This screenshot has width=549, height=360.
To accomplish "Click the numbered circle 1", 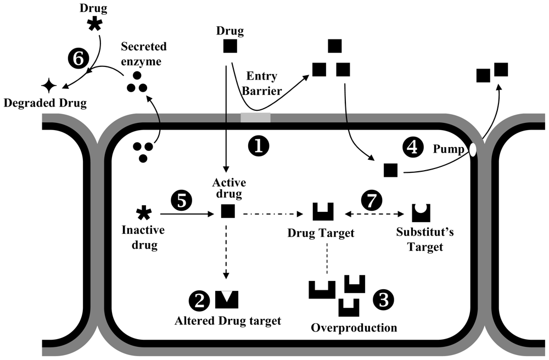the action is click(x=259, y=146).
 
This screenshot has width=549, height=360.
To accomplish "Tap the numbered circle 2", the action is click(x=199, y=300).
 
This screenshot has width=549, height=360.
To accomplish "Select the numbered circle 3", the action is click(x=383, y=300).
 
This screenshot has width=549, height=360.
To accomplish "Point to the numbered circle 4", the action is click(x=413, y=147).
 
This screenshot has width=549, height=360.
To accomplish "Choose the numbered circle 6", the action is click(x=78, y=59).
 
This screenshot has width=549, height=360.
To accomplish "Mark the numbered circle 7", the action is click(x=372, y=200).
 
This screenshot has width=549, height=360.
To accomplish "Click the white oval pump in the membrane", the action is click(x=473, y=150).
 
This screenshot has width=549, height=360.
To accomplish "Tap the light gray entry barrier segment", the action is click(x=255, y=117).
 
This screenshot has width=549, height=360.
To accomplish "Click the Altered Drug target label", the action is click(x=228, y=321).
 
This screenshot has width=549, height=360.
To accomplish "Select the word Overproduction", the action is click(x=354, y=328).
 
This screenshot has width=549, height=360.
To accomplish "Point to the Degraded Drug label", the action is click(x=45, y=103).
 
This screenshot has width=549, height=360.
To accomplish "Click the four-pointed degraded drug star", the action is click(x=48, y=86).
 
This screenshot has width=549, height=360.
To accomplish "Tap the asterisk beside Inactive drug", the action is click(x=144, y=213).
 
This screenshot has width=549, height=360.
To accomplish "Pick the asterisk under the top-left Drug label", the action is click(x=94, y=24).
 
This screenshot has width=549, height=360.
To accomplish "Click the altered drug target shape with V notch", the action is click(x=227, y=300).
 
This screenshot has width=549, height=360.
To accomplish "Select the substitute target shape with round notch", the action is click(x=421, y=213).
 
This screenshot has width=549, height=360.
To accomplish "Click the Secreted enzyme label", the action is click(x=143, y=54).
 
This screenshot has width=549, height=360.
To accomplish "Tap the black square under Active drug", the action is click(x=228, y=211).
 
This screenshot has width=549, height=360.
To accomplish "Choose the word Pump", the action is click(x=449, y=149).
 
